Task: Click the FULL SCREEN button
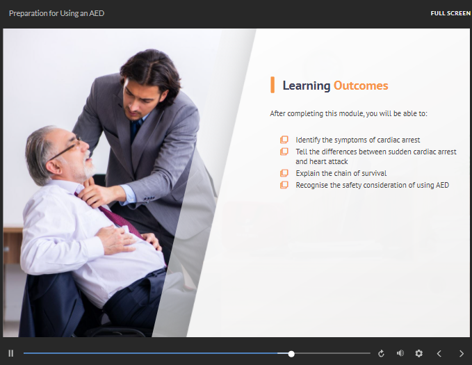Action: click(450, 13)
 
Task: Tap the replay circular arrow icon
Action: click(381, 353)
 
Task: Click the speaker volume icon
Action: click(400, 353)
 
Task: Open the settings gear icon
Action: click(418, 353)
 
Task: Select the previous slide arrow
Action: click(439, 353)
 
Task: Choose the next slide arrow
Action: click(461, 353)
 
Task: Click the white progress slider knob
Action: click(291, 354)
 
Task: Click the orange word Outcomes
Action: click(361, 86)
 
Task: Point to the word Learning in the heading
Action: click(307, 86)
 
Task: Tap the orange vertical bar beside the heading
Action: click(272, 85)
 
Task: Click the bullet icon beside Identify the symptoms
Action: click(284, 140)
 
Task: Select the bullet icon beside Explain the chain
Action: click(284, 173)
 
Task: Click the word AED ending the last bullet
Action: click(442, 185)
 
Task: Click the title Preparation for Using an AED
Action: click(56, 13)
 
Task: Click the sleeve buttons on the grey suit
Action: click(149, 198)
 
